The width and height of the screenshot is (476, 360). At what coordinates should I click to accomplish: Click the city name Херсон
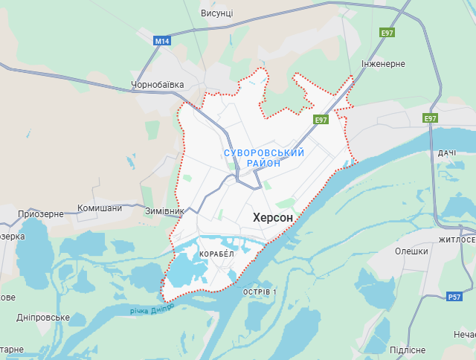pos(273,217)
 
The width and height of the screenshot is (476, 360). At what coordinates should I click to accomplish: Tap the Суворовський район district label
pos(264,158)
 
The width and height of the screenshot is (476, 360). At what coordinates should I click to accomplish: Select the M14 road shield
pos(162,41)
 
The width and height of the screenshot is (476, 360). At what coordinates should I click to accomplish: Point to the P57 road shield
pos(454,297)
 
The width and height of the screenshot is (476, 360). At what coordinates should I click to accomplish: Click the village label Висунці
pos(217,13)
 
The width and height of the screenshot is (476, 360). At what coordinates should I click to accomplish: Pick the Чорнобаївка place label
pos(157,85)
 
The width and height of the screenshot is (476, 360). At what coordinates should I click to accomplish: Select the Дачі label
pos(447,152)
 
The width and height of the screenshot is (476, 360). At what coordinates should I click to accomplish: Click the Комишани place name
pos(100,208)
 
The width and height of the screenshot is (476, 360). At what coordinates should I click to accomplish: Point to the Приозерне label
pos(41,213)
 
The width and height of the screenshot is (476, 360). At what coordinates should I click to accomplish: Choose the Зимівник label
pos(164,211)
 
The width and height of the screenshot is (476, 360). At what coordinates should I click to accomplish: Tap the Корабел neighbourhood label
pos(216,254)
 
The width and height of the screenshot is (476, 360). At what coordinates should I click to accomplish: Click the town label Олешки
pos(411,251)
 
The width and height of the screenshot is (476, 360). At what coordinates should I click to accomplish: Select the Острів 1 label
pos(260,292)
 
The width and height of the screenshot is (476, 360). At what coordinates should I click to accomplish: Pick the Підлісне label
pos(408,350)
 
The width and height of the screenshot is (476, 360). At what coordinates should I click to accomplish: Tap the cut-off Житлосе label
pos(457,240)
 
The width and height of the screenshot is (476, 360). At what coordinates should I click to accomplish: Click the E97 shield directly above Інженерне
pos(387,33)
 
